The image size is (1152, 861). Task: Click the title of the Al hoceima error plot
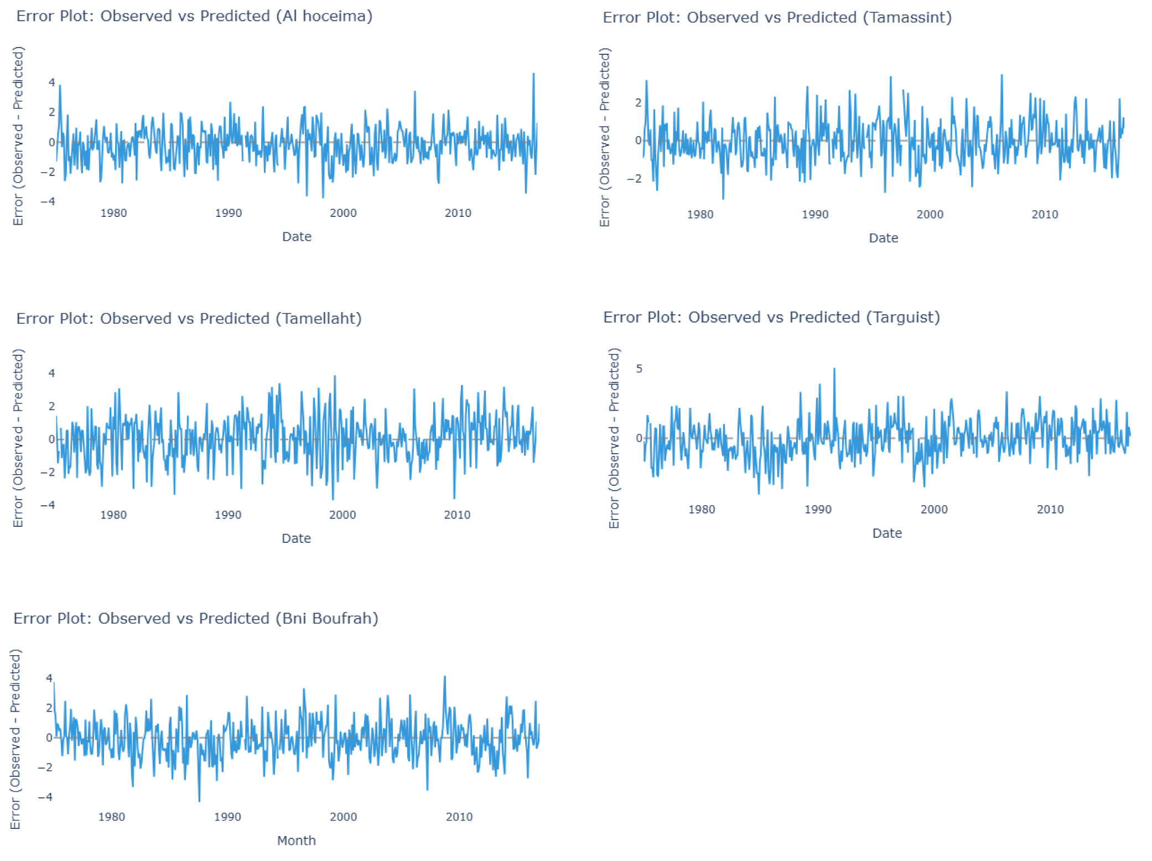[194, 16]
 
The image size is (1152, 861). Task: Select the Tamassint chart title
[777, 18]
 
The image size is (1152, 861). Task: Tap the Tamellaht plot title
[189, 319]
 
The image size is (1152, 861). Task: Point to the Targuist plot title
[771, 318]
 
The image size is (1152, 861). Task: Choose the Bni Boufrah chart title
[196, 618]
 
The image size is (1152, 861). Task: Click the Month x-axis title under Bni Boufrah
[296, 841]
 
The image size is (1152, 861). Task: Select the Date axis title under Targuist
[886, 533]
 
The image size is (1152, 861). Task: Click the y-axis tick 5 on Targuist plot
[639, 369]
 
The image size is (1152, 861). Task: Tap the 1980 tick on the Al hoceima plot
[113, 214]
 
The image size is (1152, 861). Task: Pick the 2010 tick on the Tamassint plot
[1044, 215]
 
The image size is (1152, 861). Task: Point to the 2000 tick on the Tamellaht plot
[343, 515]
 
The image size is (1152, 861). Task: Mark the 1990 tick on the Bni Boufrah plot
[227, 817]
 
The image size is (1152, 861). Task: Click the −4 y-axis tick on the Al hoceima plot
[48, 201]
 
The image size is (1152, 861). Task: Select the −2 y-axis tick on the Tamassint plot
[635, 179]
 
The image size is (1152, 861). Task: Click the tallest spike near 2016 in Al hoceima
[533, 74]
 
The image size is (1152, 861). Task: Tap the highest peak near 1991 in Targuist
[834, 369]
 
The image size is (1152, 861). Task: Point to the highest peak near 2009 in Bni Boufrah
[444, 677]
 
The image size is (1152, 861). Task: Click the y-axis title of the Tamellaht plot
[18, 438]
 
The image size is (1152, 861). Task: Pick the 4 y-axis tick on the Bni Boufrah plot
[49, 678]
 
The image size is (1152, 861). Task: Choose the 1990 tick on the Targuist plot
[817, 510]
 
